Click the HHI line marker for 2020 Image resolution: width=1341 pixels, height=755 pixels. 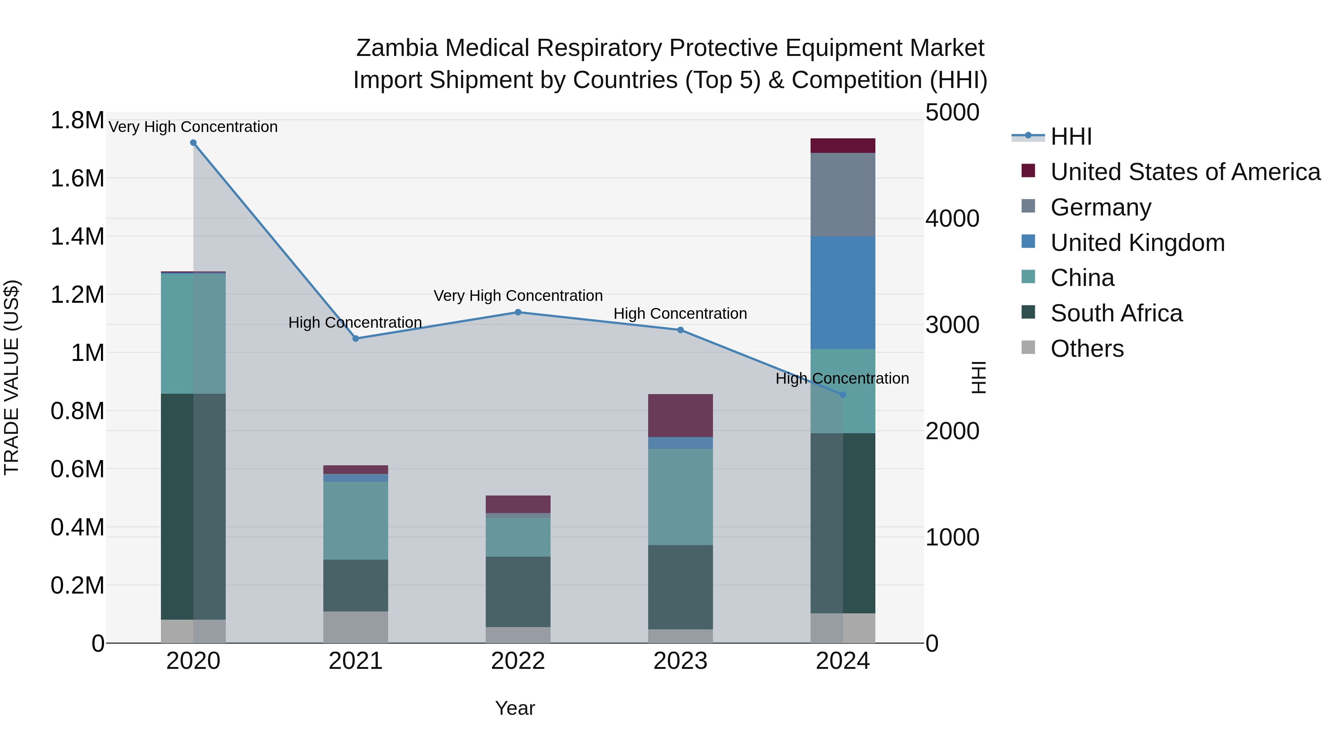tap(193, 143)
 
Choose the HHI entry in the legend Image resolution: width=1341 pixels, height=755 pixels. tap(1071, 136)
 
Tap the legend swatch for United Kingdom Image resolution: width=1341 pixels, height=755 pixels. tap(1028, 242)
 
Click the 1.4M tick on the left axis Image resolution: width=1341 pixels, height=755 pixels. tap(77, 236)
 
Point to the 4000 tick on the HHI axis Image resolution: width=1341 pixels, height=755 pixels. tap(952, 218)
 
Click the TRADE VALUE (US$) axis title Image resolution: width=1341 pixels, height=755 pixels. tap(12, 377)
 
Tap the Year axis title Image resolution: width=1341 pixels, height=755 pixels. tap(515, 708)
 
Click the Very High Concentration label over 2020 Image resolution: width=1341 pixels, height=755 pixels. tap(193, 127)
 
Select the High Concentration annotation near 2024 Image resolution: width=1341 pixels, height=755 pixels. tap(842, 378)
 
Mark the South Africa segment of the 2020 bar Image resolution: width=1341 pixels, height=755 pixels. tap(193, 506)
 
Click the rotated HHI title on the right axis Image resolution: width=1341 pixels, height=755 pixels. tap(979, 377)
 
